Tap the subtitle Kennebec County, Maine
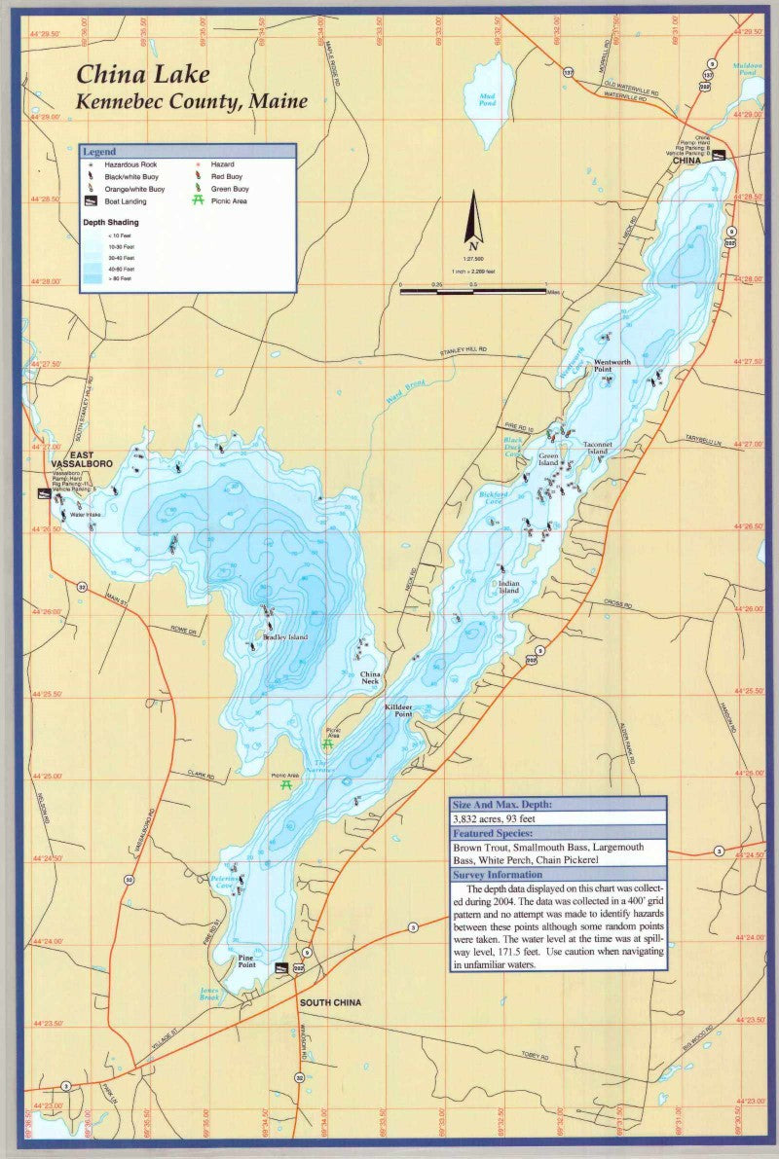tap(192, 101)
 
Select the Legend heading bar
tap(187, 152)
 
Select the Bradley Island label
tap(284, 637)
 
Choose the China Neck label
tap(371, 678)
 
